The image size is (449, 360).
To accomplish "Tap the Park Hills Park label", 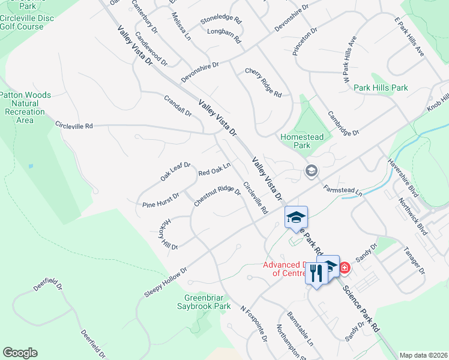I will [381, 88].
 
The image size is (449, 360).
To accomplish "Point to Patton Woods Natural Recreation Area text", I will [25, 107].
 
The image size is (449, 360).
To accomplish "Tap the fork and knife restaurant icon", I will [316, 273].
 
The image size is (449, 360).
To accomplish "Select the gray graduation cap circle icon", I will [311, 172].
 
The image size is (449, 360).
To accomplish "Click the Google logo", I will [20, 353].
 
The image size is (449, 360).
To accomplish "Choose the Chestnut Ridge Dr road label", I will [217, 197].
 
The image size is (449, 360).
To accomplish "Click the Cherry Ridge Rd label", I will [263, 83].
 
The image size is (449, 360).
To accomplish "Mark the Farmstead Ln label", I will [343, 190].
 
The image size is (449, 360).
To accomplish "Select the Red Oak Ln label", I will [214, 169].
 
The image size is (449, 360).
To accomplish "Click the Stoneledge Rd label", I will [220, 20].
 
